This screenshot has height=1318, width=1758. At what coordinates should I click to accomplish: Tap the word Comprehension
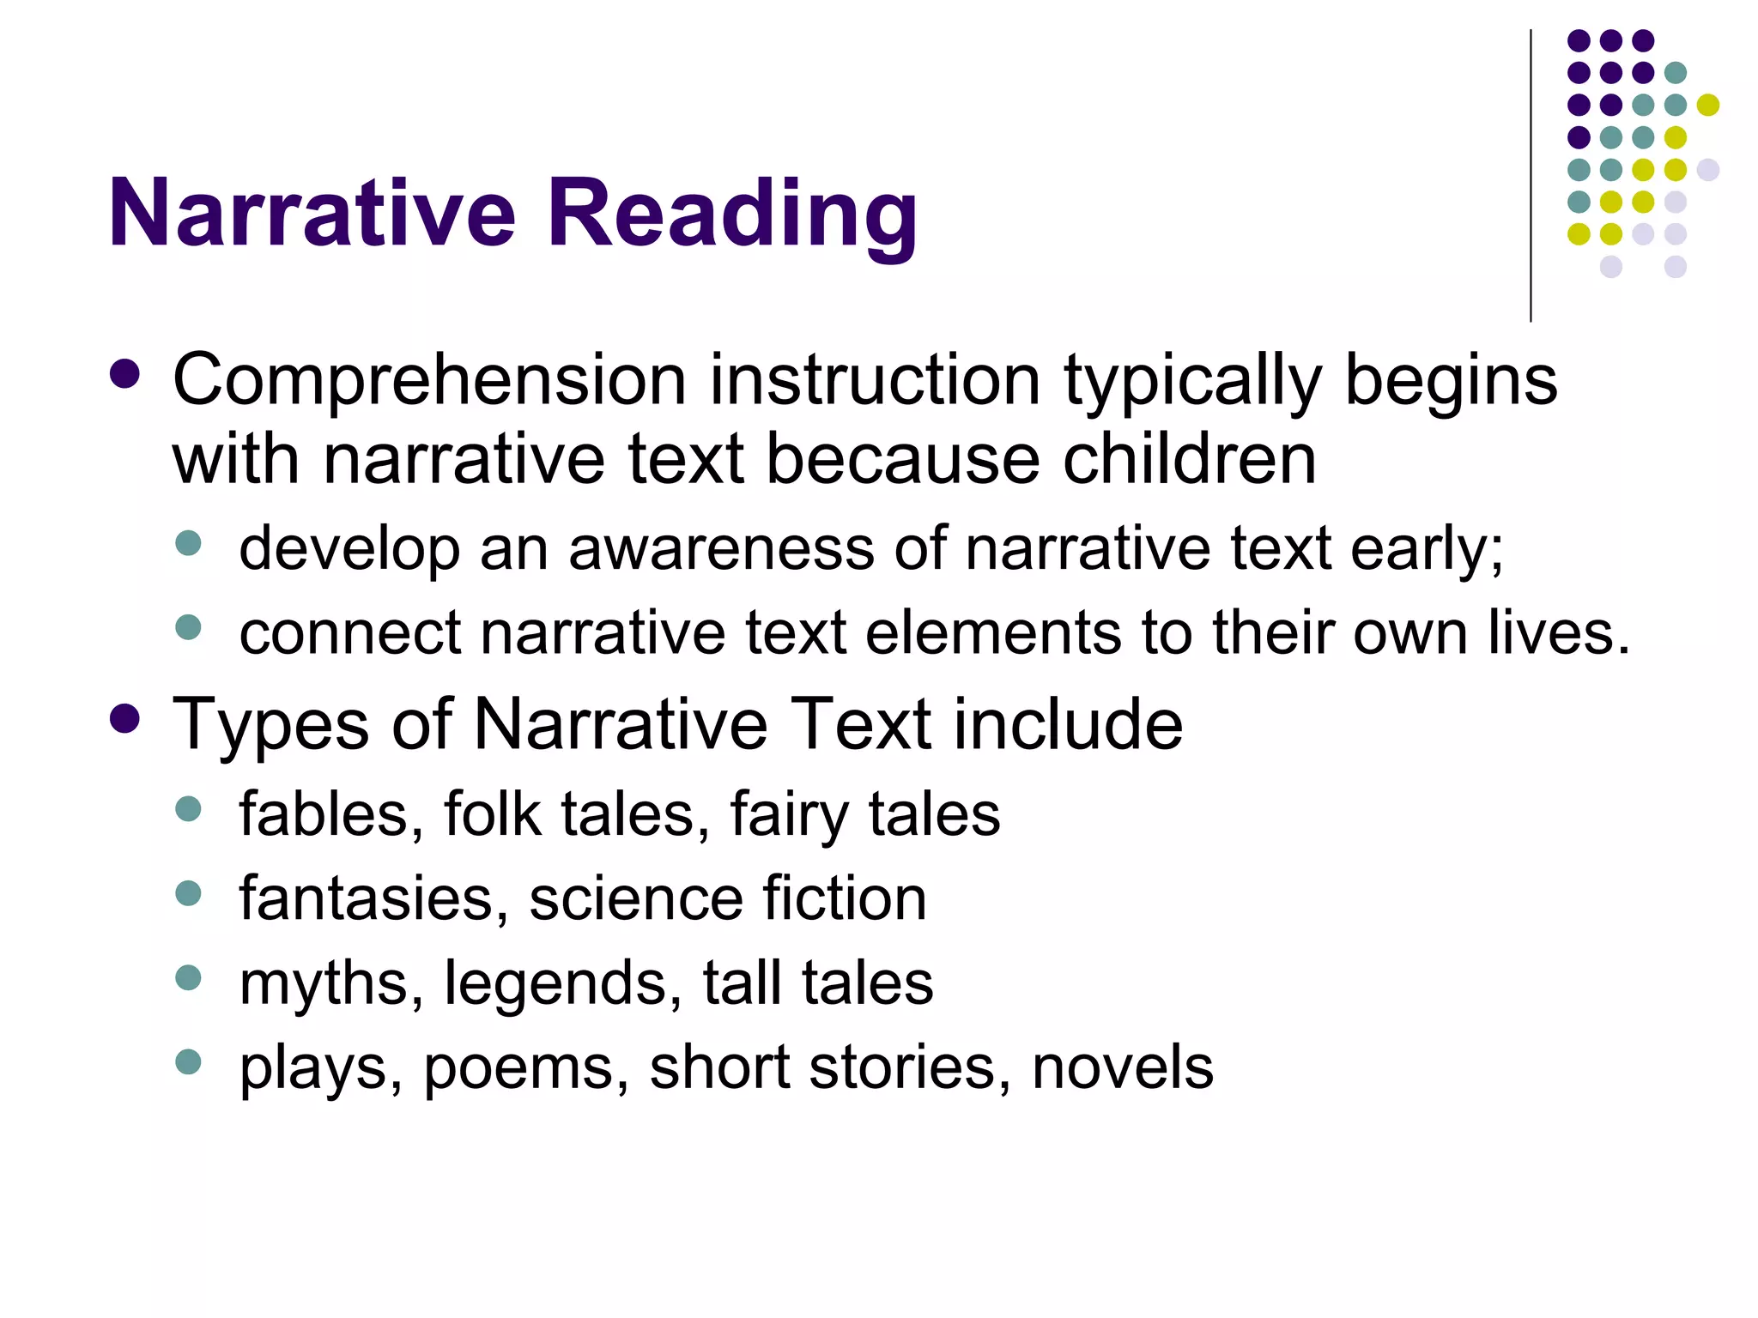pyautogui.click(x=429, y=380)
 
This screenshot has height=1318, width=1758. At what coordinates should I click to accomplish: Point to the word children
pyautogui.click(x=1189, y=459)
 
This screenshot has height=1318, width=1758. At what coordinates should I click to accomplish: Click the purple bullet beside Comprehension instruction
pyautogui.click(x=125, y=373)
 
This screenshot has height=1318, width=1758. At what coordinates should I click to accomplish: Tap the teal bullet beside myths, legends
pyautogui.click(x=188, y=977)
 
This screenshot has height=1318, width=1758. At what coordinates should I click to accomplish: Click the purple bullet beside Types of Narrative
pyautogui.click(x=125, y=718)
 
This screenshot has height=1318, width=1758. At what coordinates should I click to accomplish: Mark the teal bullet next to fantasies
pyautogui.click(x=188, y=893)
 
